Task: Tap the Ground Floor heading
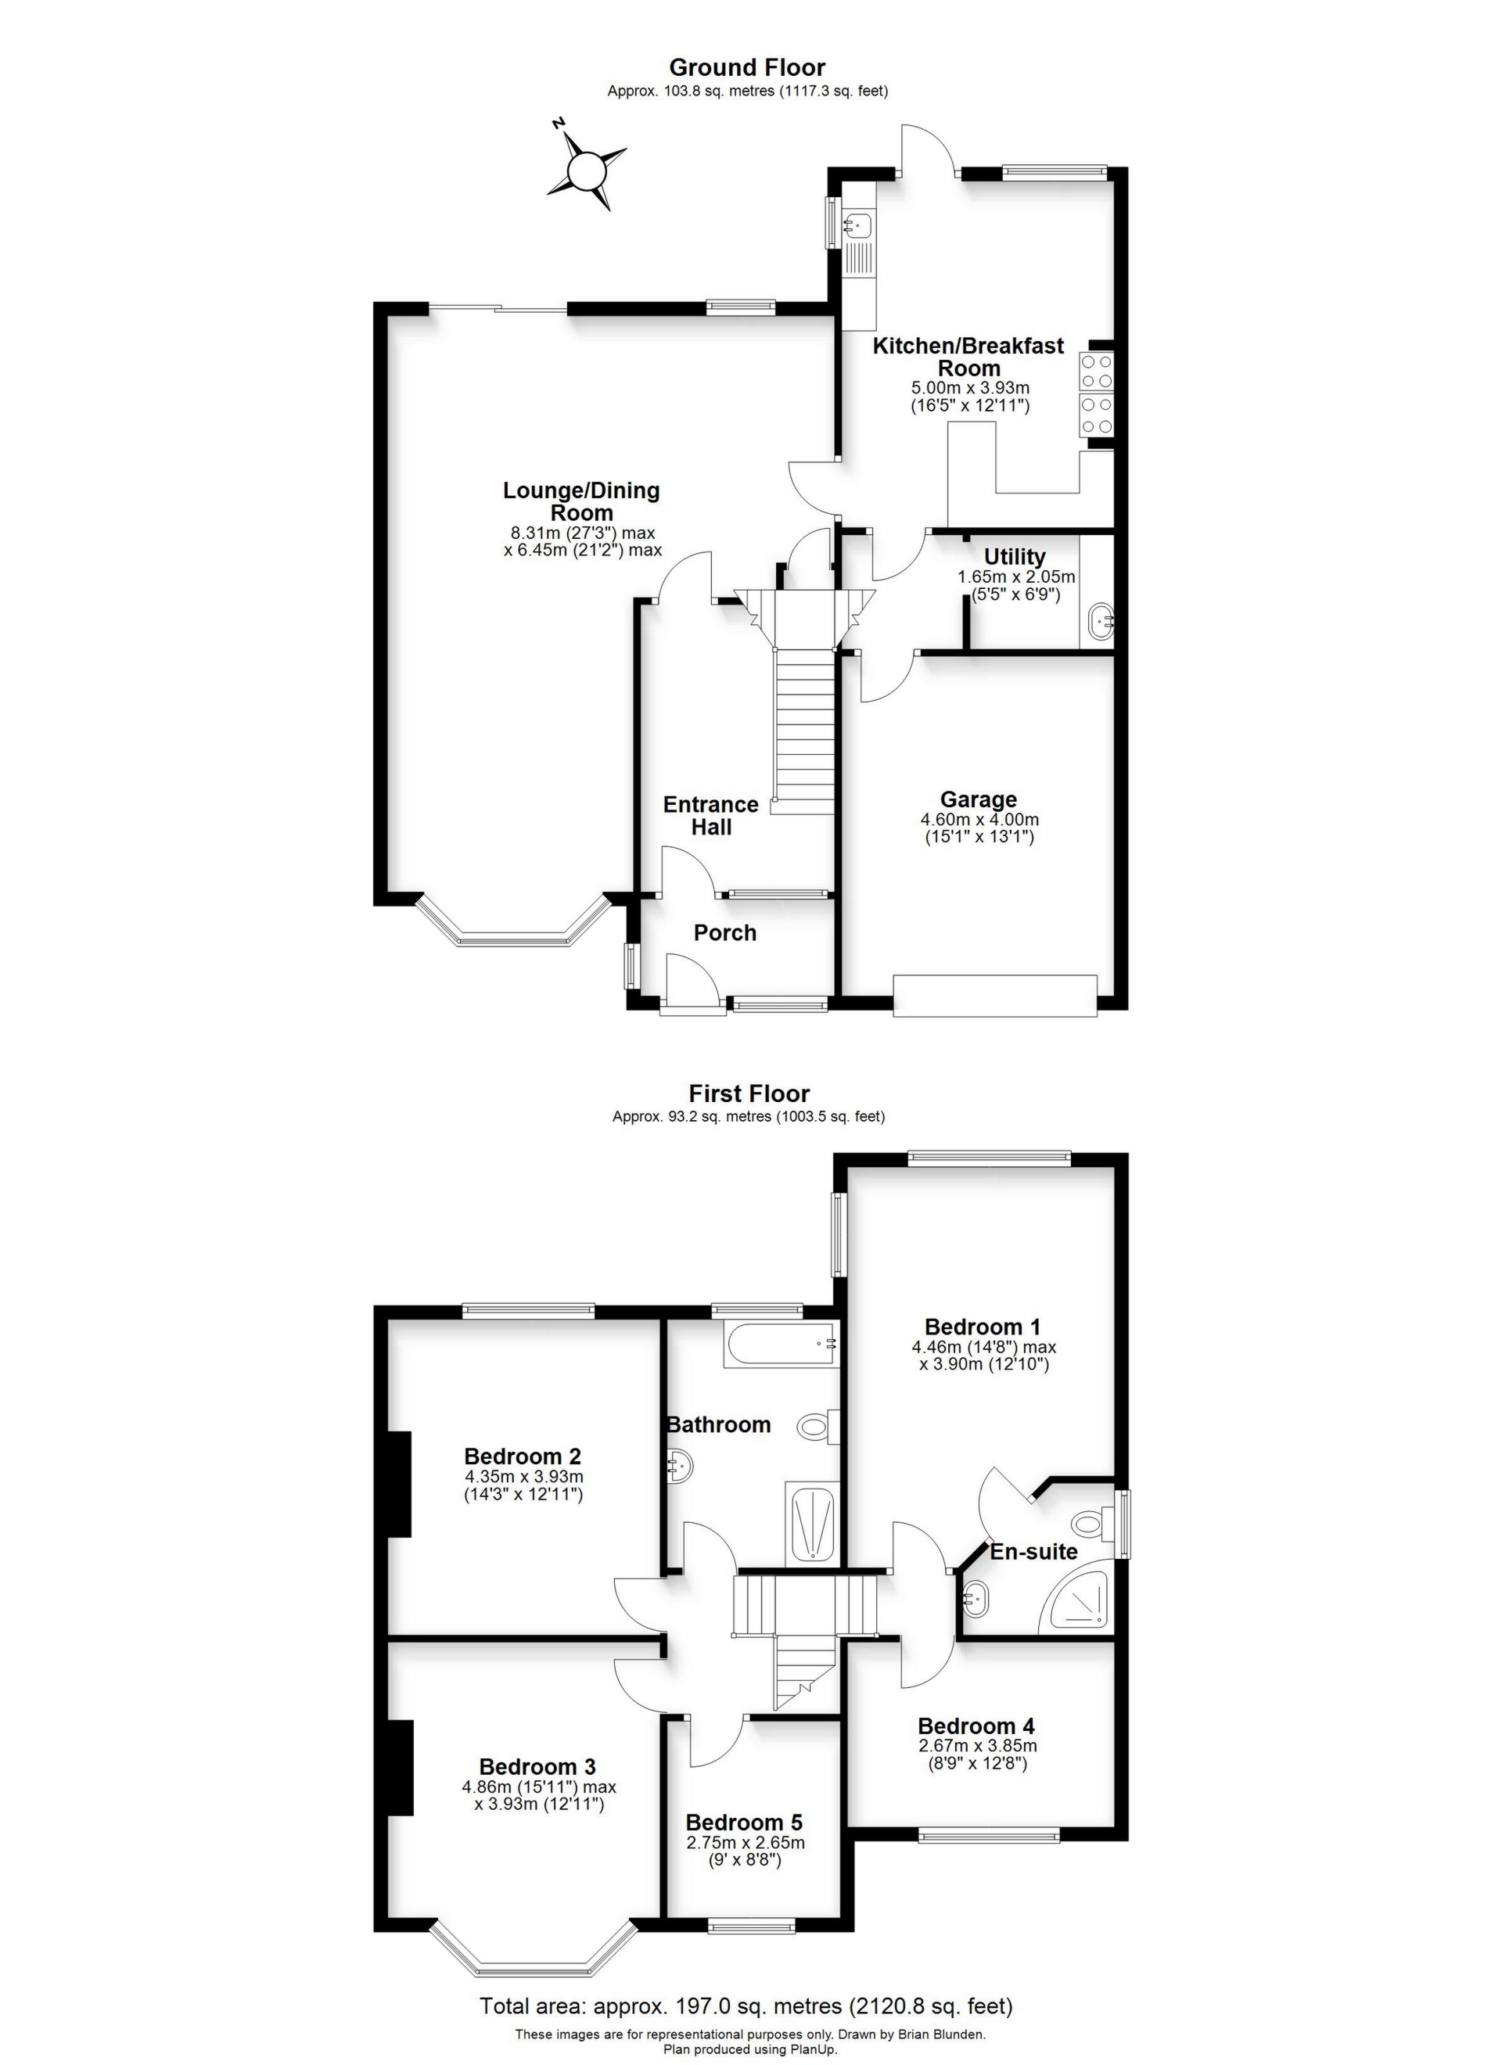(747, 67)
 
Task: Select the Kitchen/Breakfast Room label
(968, 357)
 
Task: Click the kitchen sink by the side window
(858, 224)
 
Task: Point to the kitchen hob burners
(1097, 393)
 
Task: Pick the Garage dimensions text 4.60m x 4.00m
(979, 820)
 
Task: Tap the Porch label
(725, 932)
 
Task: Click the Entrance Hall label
(710, 816)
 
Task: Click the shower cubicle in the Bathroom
(810, 1525)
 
